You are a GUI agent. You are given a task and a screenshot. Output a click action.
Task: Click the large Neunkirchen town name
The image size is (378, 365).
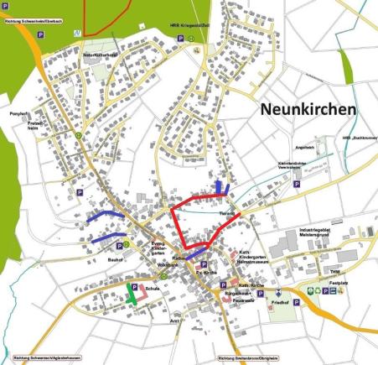point(308,110)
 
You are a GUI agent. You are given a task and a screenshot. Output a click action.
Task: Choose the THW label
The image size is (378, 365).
point(334,271)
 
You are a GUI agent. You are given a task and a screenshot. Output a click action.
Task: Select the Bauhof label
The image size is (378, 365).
point(93,260)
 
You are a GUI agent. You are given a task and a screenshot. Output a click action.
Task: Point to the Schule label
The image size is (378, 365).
point(152,288)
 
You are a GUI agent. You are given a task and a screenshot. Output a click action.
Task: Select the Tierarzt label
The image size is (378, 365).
point(226,215)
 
